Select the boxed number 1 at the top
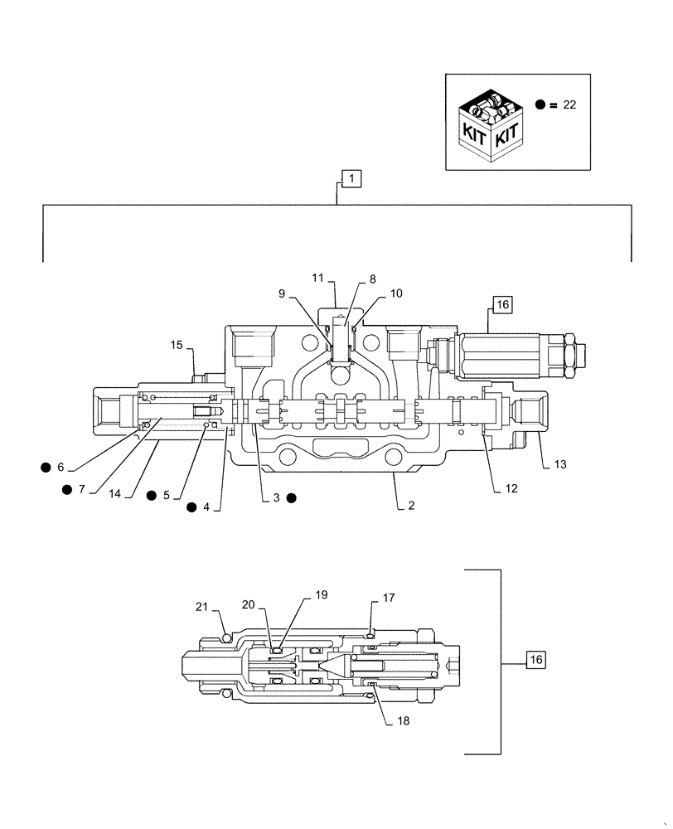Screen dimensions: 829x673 click(351, 177)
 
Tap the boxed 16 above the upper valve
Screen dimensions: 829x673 click(502, 304)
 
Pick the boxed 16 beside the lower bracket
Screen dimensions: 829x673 click(536, 660)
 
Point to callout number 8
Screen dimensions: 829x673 click(372, 280)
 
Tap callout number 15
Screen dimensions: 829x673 click(176, 344)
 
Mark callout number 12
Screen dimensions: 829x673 click(511, 488)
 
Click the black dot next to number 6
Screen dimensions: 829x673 click(45, 468)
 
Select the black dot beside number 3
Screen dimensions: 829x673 click(292, 498)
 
